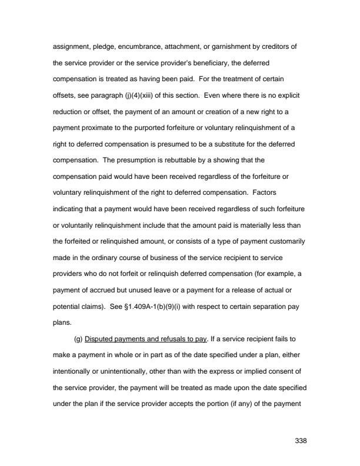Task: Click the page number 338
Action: coord(301,440)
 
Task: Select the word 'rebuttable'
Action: coord(185,160)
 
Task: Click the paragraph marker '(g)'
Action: coord(78,340)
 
